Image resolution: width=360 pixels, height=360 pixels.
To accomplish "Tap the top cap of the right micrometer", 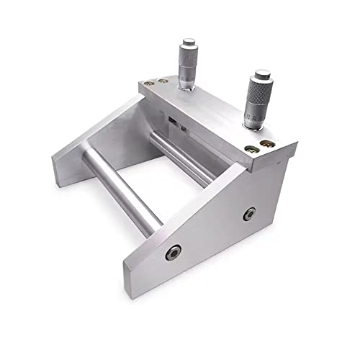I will pyautogui.click(x=261, y=74).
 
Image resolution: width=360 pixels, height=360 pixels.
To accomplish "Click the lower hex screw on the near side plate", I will pyautogui.click(x=173, y=251).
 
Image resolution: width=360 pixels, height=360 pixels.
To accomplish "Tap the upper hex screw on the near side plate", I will pyautogui.click(x=249, y=214).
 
